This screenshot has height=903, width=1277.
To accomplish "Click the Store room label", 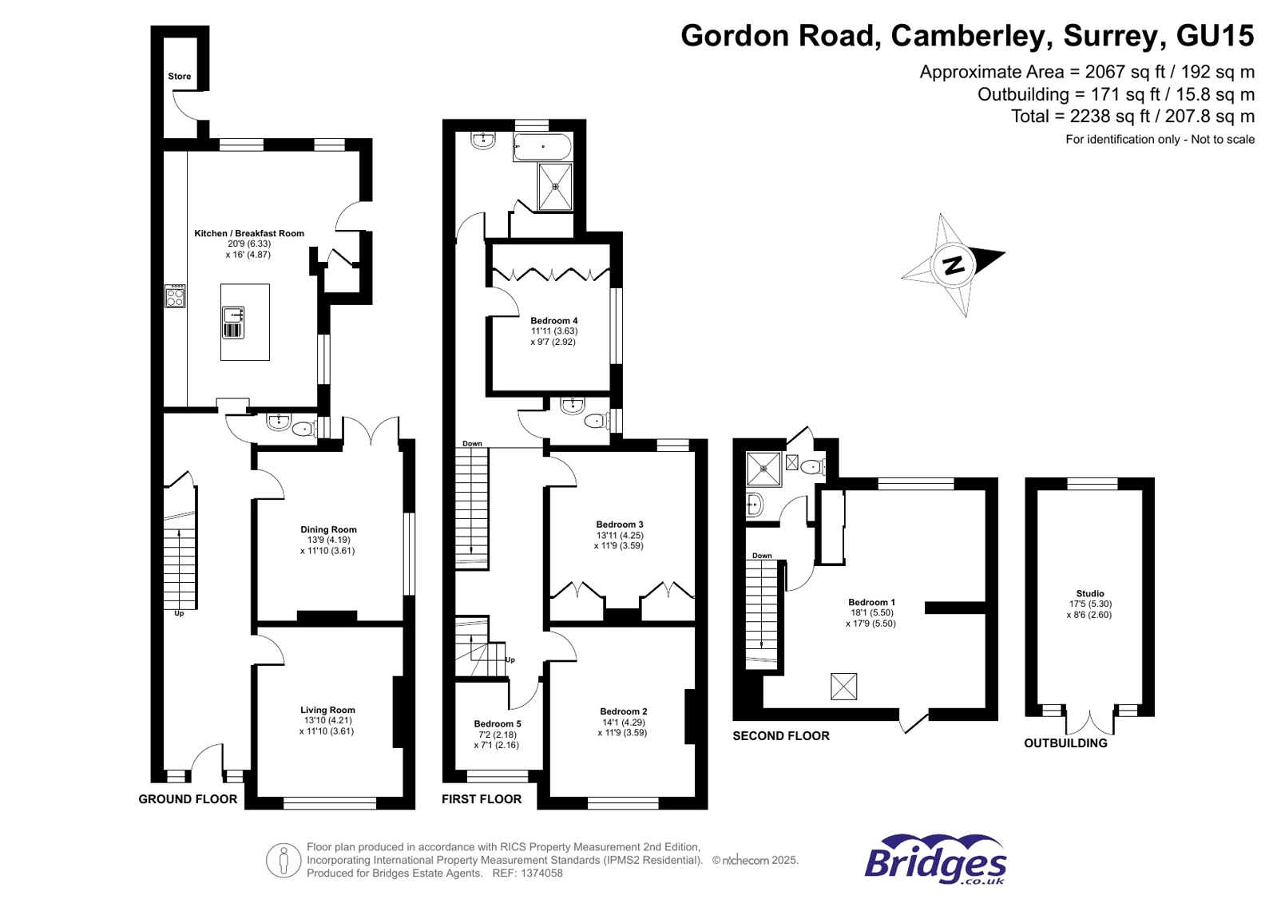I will (x=180, y=77).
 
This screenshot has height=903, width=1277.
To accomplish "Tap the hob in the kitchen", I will (x=175, y=296).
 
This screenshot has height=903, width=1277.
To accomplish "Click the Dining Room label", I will (x=328, y=529).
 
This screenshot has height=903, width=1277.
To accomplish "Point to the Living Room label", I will (x=327, y=710).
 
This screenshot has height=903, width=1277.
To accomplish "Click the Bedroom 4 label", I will (x=553, y=321).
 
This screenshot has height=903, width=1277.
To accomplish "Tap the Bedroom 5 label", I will (x=498, y=724).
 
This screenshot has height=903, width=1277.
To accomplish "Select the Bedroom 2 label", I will (x=624, y=711).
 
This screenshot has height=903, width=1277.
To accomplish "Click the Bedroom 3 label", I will (x=620, y=525).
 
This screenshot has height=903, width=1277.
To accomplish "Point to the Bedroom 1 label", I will (x=871, y=602).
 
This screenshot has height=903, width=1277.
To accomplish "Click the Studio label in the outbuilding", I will (x=1089, y=593).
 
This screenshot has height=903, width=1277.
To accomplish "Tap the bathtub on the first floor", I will (x=542, y=148).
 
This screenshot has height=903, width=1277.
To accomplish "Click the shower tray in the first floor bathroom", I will (x=555, y=187).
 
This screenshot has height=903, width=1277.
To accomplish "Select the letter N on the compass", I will (x=954, y=264).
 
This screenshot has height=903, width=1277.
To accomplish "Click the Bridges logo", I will (x=935, y=860).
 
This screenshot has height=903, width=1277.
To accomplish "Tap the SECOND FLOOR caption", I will (x=781, y=736).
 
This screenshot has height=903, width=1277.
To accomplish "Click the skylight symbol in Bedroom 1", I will (x=843, y=686).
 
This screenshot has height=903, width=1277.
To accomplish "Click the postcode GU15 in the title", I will (x=1215, y=36).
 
